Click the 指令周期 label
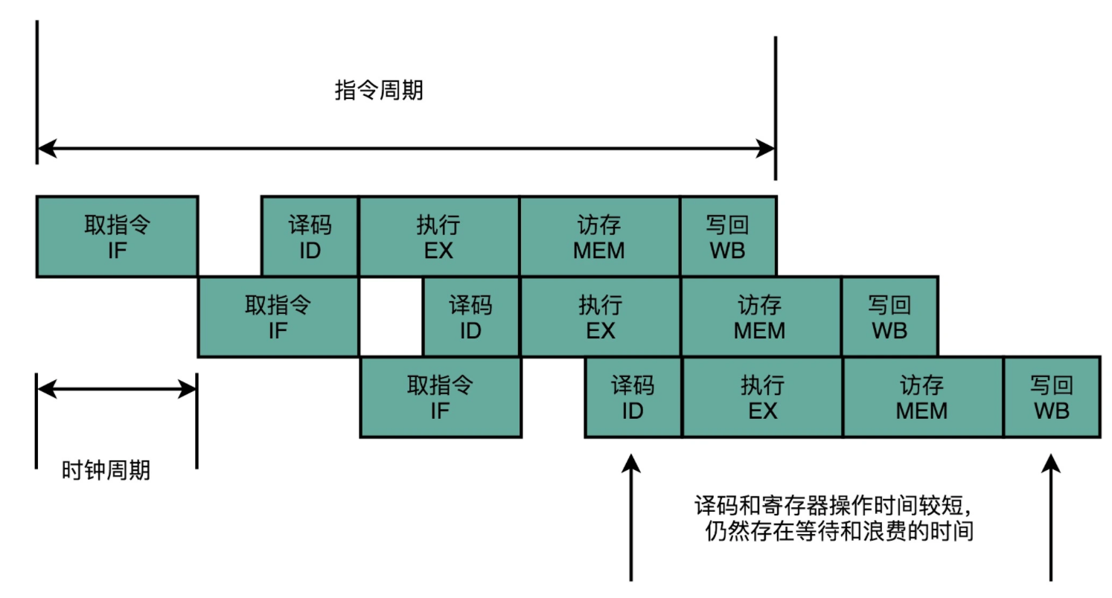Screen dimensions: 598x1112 click(379, 91)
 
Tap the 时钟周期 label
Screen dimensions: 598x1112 click(106, 470)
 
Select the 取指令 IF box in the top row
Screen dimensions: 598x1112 click(117, 237)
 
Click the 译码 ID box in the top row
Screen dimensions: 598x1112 click(310, 237)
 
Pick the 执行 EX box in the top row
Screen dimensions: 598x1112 click(438, 237)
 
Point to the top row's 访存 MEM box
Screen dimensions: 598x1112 click(599, 237)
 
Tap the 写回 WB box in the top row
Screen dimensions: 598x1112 click(727, 237)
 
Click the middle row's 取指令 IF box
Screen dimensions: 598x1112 click(278, 317)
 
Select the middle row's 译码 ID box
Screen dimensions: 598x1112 click(470, 317)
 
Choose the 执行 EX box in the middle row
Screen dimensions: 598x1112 click(600, 317)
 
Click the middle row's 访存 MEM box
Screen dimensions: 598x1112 click(760, 317)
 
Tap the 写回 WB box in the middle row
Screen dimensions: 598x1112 click(889, 317)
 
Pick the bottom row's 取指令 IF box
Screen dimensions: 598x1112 click(440, 397)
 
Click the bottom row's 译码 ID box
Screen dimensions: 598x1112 click(633, 397)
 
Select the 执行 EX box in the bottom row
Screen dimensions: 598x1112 click(762, 397)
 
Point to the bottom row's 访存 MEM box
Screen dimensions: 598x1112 click(922, 397)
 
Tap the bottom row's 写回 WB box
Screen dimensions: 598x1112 click(1051, 397)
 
